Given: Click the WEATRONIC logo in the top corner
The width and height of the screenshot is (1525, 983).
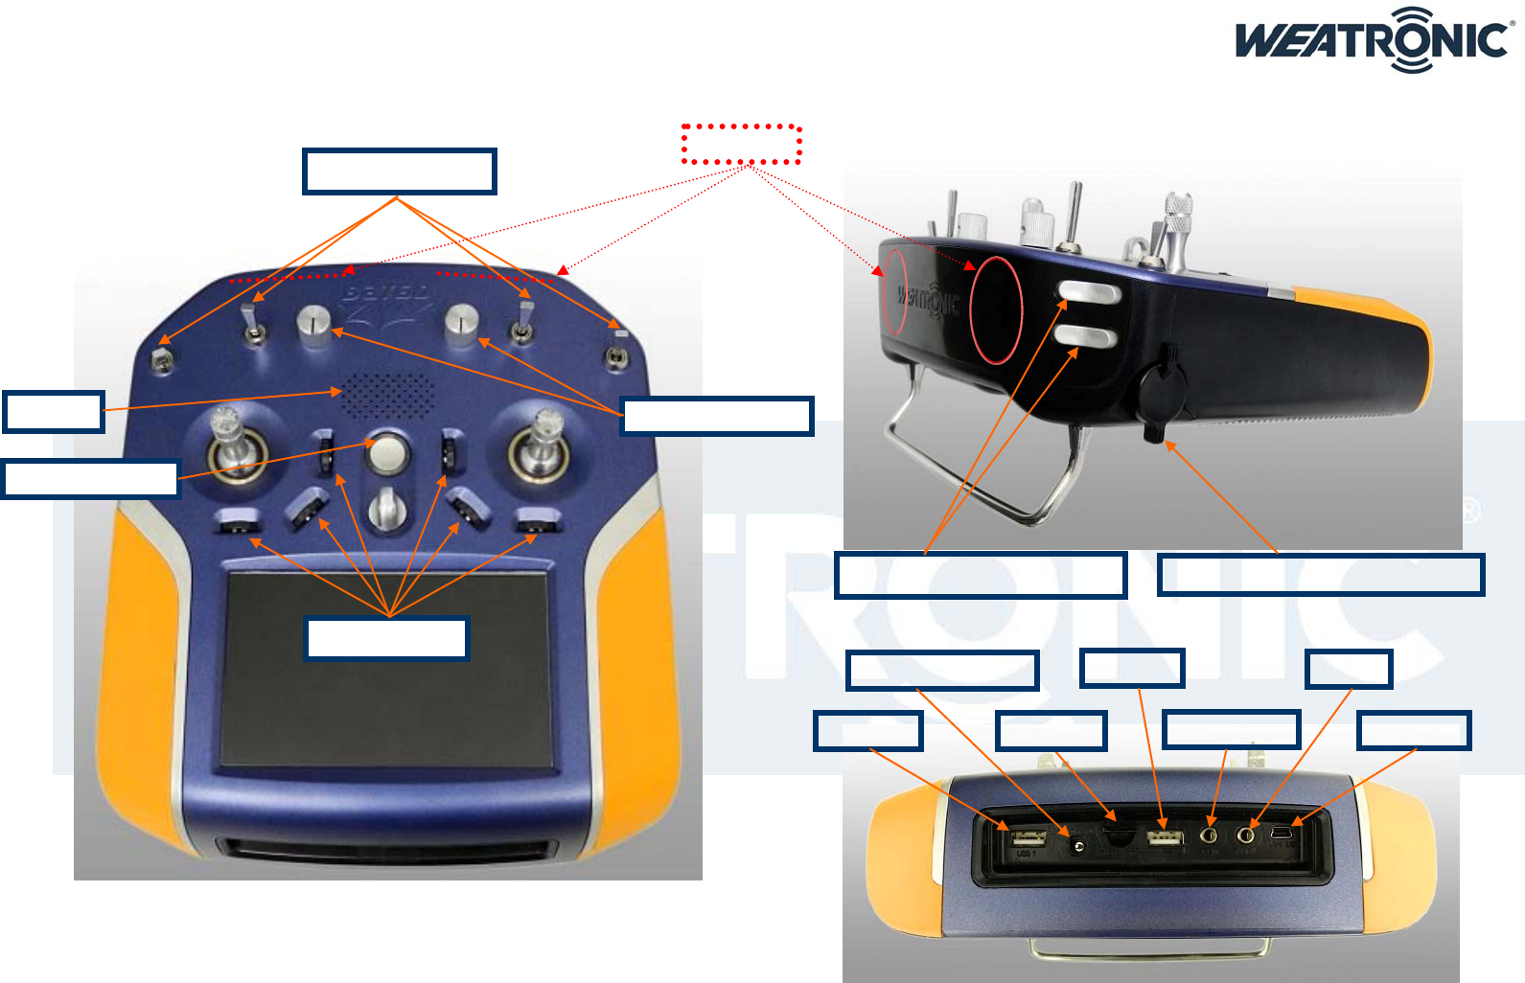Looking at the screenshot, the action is click(1374, 40).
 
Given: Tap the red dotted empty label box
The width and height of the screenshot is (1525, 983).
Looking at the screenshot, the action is click(741, 144).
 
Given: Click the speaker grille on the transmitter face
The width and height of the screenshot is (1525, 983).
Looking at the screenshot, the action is click(389, 395).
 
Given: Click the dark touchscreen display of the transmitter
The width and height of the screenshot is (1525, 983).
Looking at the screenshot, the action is click(387, 669).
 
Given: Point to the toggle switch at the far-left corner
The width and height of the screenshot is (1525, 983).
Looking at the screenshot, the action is click(163, 359).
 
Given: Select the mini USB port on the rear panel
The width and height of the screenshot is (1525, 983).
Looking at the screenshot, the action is click(1281, 837).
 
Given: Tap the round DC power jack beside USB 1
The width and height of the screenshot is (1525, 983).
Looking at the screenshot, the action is click(1078, 845).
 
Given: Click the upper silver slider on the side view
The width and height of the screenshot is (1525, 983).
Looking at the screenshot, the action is click(1089, 292).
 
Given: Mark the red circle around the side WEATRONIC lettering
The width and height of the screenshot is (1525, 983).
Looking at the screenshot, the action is click(893, 292).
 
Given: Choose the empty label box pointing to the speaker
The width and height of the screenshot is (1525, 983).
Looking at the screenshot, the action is click(54, 412).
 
